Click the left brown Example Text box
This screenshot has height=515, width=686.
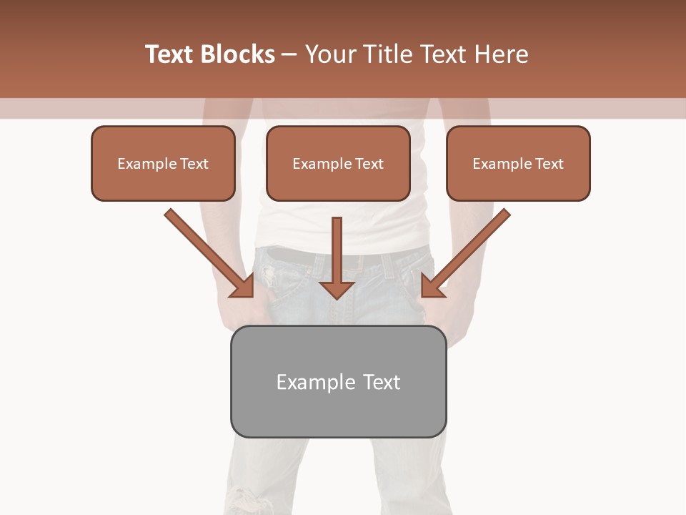coord(163,164)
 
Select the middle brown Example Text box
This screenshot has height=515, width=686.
coord(338,164)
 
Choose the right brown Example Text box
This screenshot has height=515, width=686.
coord(518,164)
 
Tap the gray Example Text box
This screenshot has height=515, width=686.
coord(338,381)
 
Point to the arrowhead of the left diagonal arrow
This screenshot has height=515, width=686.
coord(244,287)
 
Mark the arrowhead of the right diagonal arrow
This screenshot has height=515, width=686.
coord(431,287)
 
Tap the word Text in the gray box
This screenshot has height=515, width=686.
coord(382,382)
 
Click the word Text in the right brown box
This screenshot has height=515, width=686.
coord(550,164)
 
